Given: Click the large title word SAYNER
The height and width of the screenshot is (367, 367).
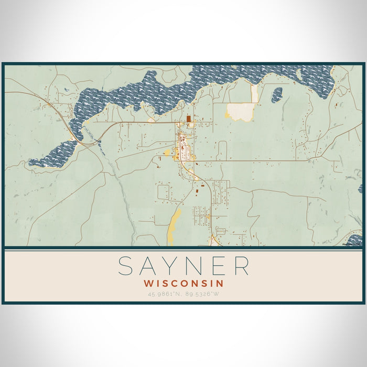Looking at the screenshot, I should [x=183, y=266].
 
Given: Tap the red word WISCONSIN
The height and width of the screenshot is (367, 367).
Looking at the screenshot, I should [x=183, y=283].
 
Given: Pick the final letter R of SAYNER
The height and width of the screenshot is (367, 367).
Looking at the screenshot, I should [x=241, y=266].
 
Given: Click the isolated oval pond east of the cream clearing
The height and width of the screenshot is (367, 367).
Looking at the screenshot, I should [x=277, y=94].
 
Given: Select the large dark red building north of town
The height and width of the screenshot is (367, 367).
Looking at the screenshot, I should [x=188, y=119].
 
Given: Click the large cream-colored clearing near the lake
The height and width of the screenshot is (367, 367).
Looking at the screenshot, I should [x=241, y=111].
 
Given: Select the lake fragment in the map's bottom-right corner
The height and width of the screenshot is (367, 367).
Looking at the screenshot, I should [x=355, y=241].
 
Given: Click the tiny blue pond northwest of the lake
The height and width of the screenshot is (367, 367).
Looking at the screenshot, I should [x=66, y=91].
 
